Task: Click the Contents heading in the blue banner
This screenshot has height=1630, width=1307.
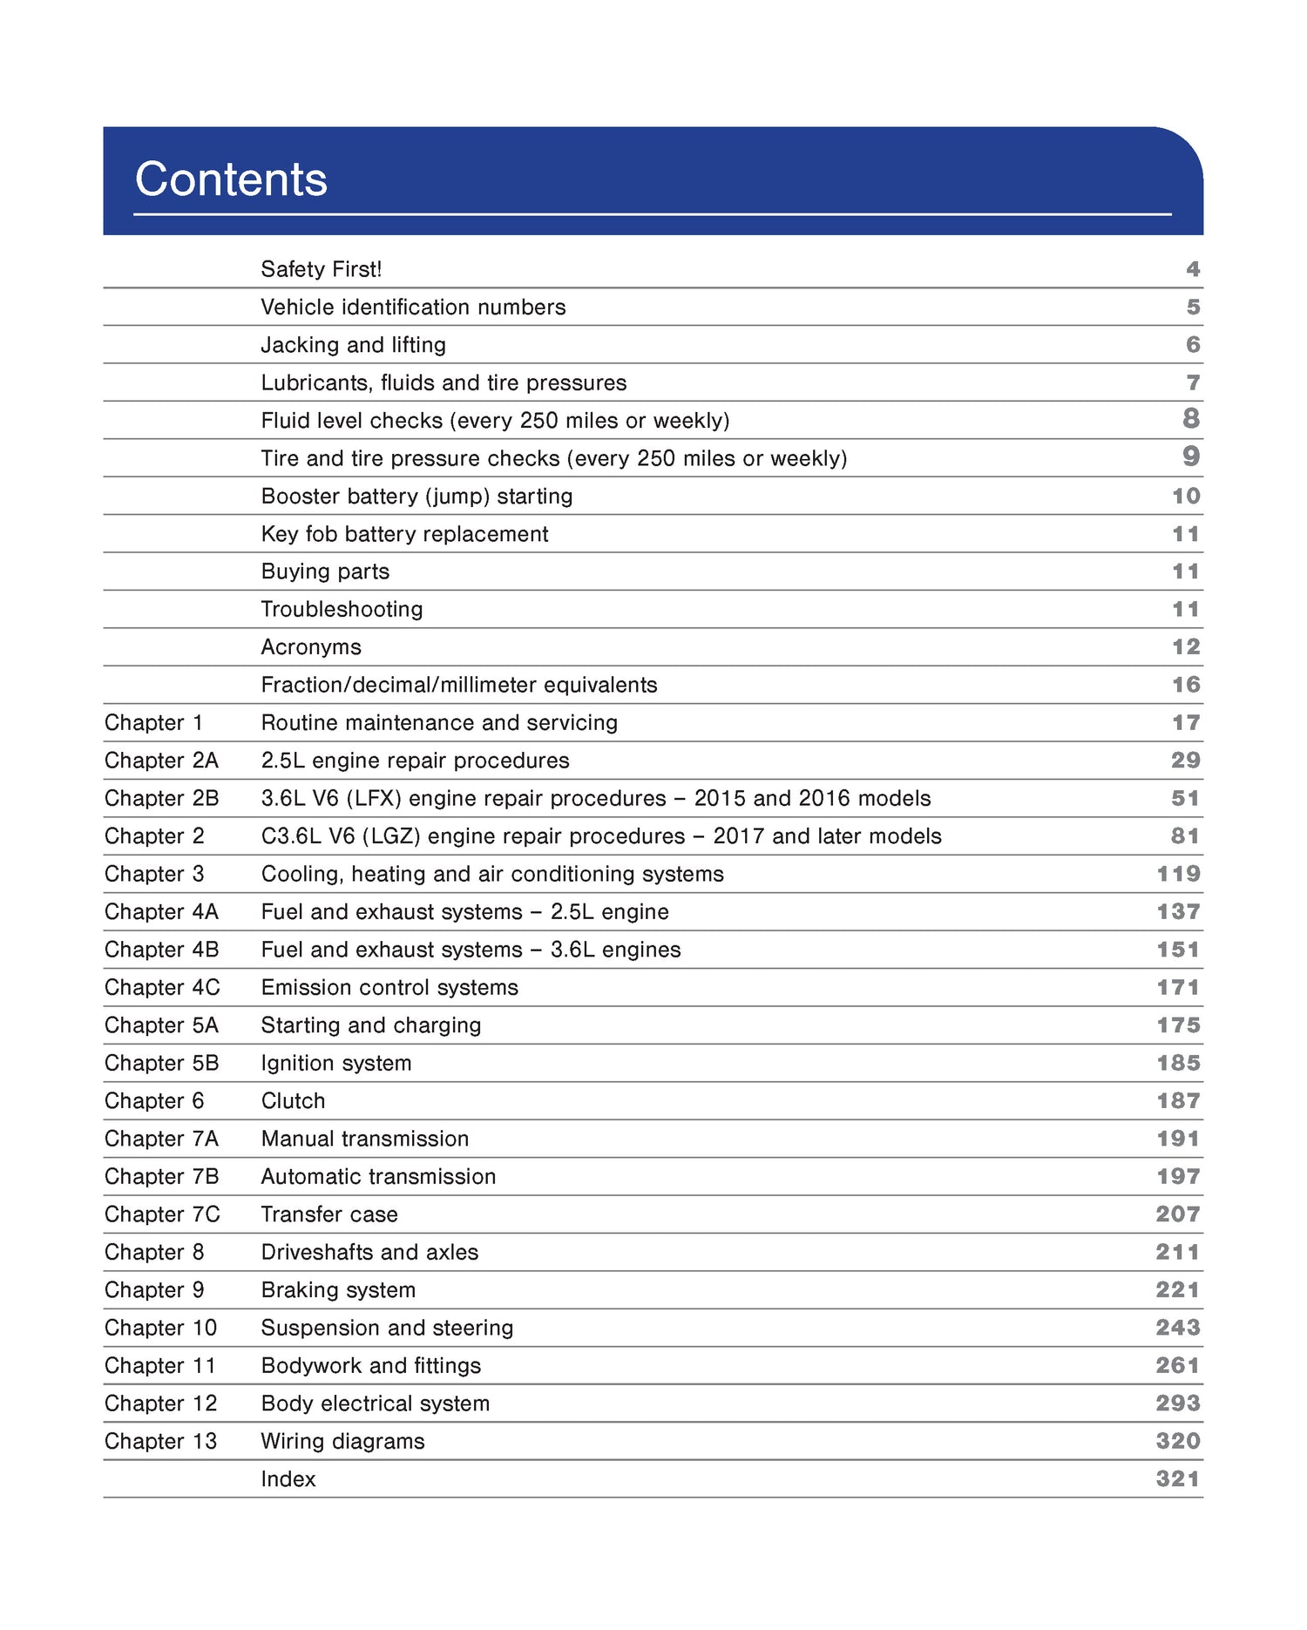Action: (x=231, y=179)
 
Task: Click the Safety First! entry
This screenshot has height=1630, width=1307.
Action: (x=321, y=269)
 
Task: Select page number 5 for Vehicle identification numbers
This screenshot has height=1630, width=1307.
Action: (x=1193, y=308)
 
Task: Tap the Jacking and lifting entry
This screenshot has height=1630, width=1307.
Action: (x=353, y=345)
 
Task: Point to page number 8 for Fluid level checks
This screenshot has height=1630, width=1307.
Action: (x=1191, y=419)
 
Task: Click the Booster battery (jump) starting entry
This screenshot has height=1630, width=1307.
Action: (x=416, y=497)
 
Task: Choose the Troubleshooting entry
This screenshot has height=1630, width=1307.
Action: (x=342, y=610)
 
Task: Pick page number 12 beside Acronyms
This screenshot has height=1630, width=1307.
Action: (x=1186, y=647)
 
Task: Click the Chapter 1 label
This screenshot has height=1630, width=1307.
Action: (x=153, y=723)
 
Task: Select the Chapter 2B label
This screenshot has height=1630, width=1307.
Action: (x=161, y=799)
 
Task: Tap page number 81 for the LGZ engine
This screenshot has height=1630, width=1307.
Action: (x=1185, y=836)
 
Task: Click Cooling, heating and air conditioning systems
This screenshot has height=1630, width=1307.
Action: (x=492, y=875)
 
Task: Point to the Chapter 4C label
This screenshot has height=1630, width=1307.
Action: (x=162, y=988)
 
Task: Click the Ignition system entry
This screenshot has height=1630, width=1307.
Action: (x=336, y=1064)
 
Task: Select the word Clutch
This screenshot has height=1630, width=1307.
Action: (x=293, y=1101)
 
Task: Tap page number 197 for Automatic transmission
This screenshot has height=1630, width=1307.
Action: (x=1178, y=1177)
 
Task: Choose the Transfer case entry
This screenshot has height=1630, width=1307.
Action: (x=329, y=1214)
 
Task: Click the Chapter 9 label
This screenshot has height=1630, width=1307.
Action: (x=153, y=1290)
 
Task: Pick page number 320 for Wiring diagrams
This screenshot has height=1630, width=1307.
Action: (x=1178, y=1442)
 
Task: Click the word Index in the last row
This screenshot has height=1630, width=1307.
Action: (x=288, y=1479)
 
